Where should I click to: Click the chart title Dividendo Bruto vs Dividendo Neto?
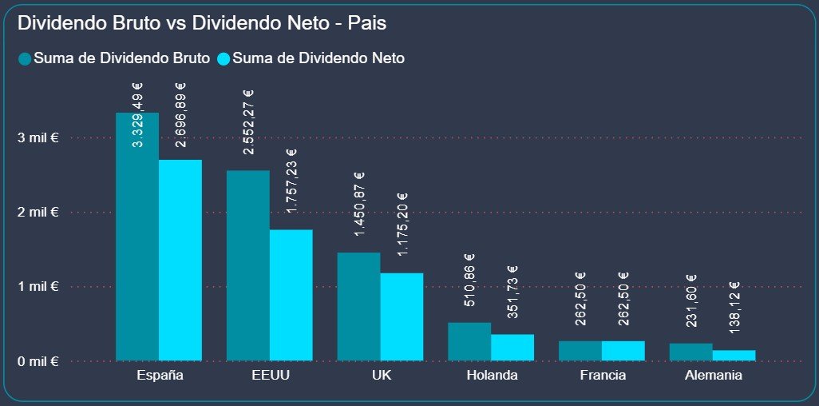coord(202,24)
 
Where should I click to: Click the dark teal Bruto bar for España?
coord(137,240)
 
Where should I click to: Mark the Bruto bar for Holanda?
coord(469,341)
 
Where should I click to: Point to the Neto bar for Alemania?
coord(734,355)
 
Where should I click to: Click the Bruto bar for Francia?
coord(580,351)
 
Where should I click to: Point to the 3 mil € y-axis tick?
coord(38,138)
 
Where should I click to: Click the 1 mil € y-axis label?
coord(38,286)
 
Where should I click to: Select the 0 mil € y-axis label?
coord(38,360)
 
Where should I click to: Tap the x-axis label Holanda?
coord(491,376)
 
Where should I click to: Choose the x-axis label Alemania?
coord(712,376)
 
